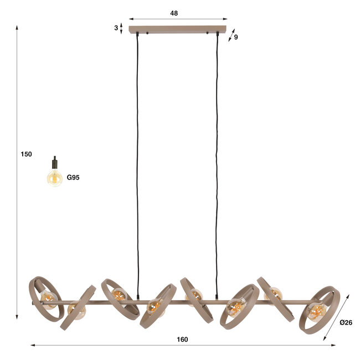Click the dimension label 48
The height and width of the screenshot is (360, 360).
(174, 13)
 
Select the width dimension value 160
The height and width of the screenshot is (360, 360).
(182, 339)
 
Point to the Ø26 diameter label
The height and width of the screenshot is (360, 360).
(346, 322)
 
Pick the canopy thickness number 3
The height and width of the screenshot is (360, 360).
(116, 27)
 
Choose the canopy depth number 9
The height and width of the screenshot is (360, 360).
(236, 37)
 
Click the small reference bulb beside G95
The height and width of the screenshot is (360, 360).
(54, 177)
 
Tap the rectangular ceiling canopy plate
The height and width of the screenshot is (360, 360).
(178, 29)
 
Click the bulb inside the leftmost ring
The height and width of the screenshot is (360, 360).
(48, 300)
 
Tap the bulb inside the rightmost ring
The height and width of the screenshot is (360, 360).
(317, 311)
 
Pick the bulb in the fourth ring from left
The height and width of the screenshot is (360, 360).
(154, 305)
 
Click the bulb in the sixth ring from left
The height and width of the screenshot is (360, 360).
(236, 306)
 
